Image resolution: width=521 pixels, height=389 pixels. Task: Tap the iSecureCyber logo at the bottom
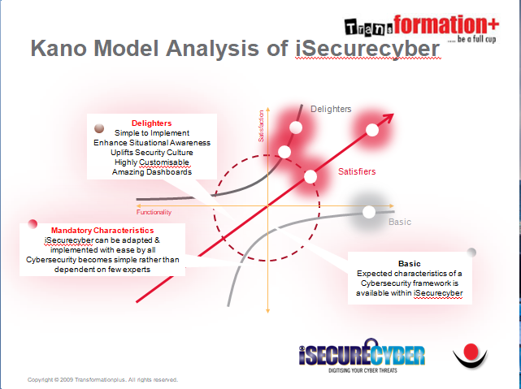(x=363, y=356)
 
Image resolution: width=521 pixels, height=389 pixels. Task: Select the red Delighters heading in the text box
(x=151, y=123)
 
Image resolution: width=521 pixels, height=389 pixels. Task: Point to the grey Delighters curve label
(x=331, y=109)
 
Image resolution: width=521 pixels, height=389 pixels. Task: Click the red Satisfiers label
(x=357, y=171)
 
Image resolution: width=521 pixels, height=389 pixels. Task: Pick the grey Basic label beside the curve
(x=400, y=222)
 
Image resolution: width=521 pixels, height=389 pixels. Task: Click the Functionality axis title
(x=154, y=212)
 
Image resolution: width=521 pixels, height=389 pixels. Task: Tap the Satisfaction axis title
(x=261, y=126)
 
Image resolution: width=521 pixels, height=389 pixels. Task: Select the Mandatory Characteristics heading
(x=102, y=231)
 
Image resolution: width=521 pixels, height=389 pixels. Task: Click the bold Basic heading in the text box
(x=410, y=264)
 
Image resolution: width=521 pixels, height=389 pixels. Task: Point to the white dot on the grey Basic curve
(x=368, y=212)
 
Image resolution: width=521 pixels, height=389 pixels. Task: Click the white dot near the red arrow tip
(x=372, y=130)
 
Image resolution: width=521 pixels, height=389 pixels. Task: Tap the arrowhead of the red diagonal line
(x=388, y=118)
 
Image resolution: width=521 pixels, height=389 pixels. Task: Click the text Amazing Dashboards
(x=152, y=172)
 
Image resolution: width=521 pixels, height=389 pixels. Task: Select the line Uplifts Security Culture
(x=152, y=153)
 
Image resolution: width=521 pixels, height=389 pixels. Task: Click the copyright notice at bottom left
(x=102, y=380)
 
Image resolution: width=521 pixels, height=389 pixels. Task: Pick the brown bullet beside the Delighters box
(x=99, y=128)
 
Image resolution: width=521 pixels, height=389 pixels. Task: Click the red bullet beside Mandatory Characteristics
(x=33, y=224)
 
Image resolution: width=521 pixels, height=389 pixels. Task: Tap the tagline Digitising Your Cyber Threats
(x=363, y=370)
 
